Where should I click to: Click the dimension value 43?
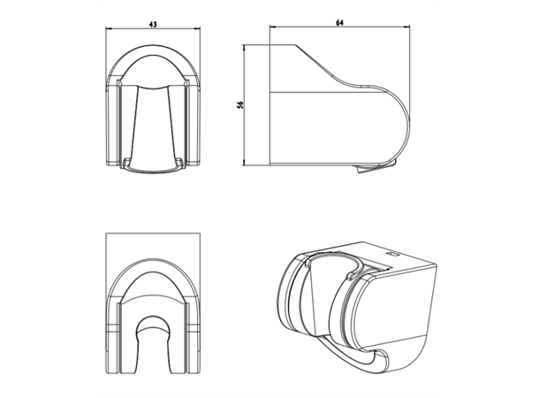(x=153, y=25)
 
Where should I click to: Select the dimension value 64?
(x=339, y=23)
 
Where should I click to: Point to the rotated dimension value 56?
(x=240, y=105)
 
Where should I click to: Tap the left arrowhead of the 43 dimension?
(x=109, y=29)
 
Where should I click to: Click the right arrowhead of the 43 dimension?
(x=197, y=29)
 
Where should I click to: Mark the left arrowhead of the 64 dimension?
(x=273, y=27)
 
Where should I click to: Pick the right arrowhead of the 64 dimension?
(x=407, y=27)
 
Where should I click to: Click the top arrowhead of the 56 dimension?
(x=244, y=48)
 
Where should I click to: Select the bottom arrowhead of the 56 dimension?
(x=244, y=163)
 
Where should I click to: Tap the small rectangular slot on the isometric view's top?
(x=392, y=255)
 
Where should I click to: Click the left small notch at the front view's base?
(x=127, y=161)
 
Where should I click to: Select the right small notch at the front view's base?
(x=179, y=161)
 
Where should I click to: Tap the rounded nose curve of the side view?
(x=410, y=124)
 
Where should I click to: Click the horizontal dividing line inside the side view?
(x=327, y=92)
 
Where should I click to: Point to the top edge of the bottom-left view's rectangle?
(x=153, y=233)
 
